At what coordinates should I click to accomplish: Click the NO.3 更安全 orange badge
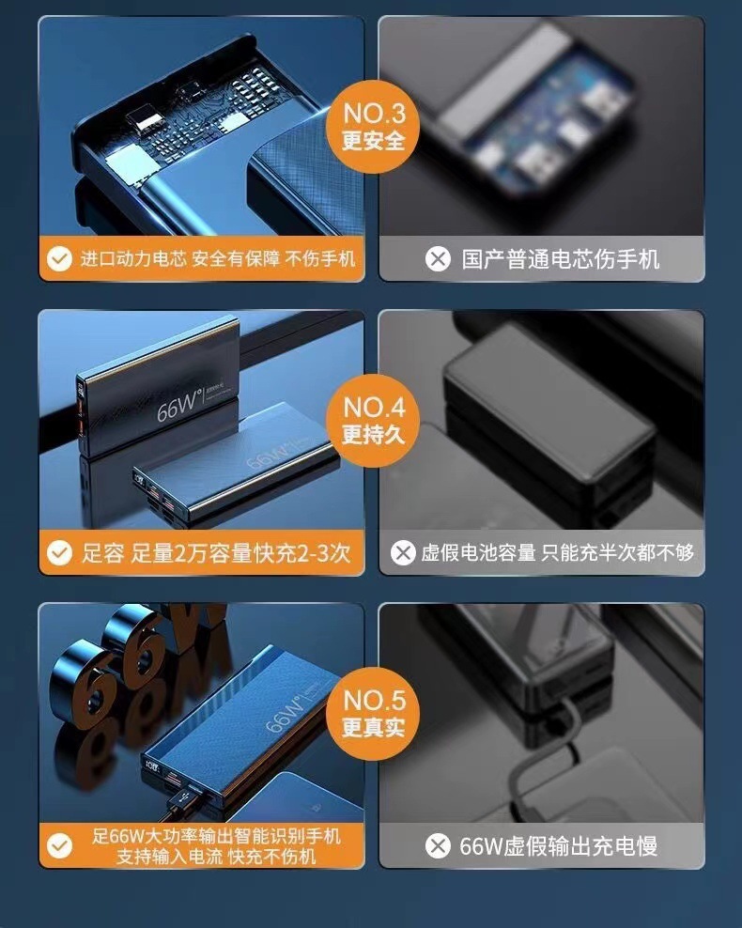[x=373, y=127]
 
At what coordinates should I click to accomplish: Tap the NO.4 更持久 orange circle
[x=373, y=420]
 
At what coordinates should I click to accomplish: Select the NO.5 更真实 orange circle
[x=373, y=713]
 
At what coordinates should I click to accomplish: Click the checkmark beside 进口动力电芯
[x=59, y=258]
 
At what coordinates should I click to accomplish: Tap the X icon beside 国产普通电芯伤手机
[x=438, y=258]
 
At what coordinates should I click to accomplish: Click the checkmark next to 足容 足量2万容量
[x=59, y=553]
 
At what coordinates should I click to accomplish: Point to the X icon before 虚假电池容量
[x=403, y=553]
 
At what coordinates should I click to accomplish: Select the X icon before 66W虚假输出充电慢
[x=438, y=845]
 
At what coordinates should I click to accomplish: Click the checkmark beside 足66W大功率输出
[x=59, y=845]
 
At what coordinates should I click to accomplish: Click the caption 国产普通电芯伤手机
[x=561, y=259]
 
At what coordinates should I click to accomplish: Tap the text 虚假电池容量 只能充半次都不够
[x=557, y=553]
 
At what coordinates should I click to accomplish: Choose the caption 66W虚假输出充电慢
[x=559, y=846]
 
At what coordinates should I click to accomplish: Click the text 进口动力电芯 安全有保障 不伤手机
[x=218, y=258]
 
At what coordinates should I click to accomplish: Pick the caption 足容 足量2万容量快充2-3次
[x=216, y=553]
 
